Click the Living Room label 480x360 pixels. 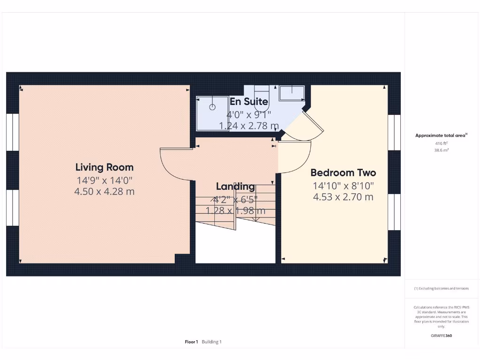pos(104,167)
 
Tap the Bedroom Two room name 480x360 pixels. pos(343,172)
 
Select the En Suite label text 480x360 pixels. pos(248,102)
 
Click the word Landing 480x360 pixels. pos(235,187)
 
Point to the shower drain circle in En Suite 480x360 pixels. pos(212,107)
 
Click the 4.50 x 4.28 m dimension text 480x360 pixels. pos(104,191)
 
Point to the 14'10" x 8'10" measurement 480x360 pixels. pos(343,186)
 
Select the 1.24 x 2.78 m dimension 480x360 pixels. pos(248,126)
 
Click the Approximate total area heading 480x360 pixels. pos(441,135)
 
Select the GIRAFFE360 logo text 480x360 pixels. pos(441,336)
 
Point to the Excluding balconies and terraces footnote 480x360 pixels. pos(441,288)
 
